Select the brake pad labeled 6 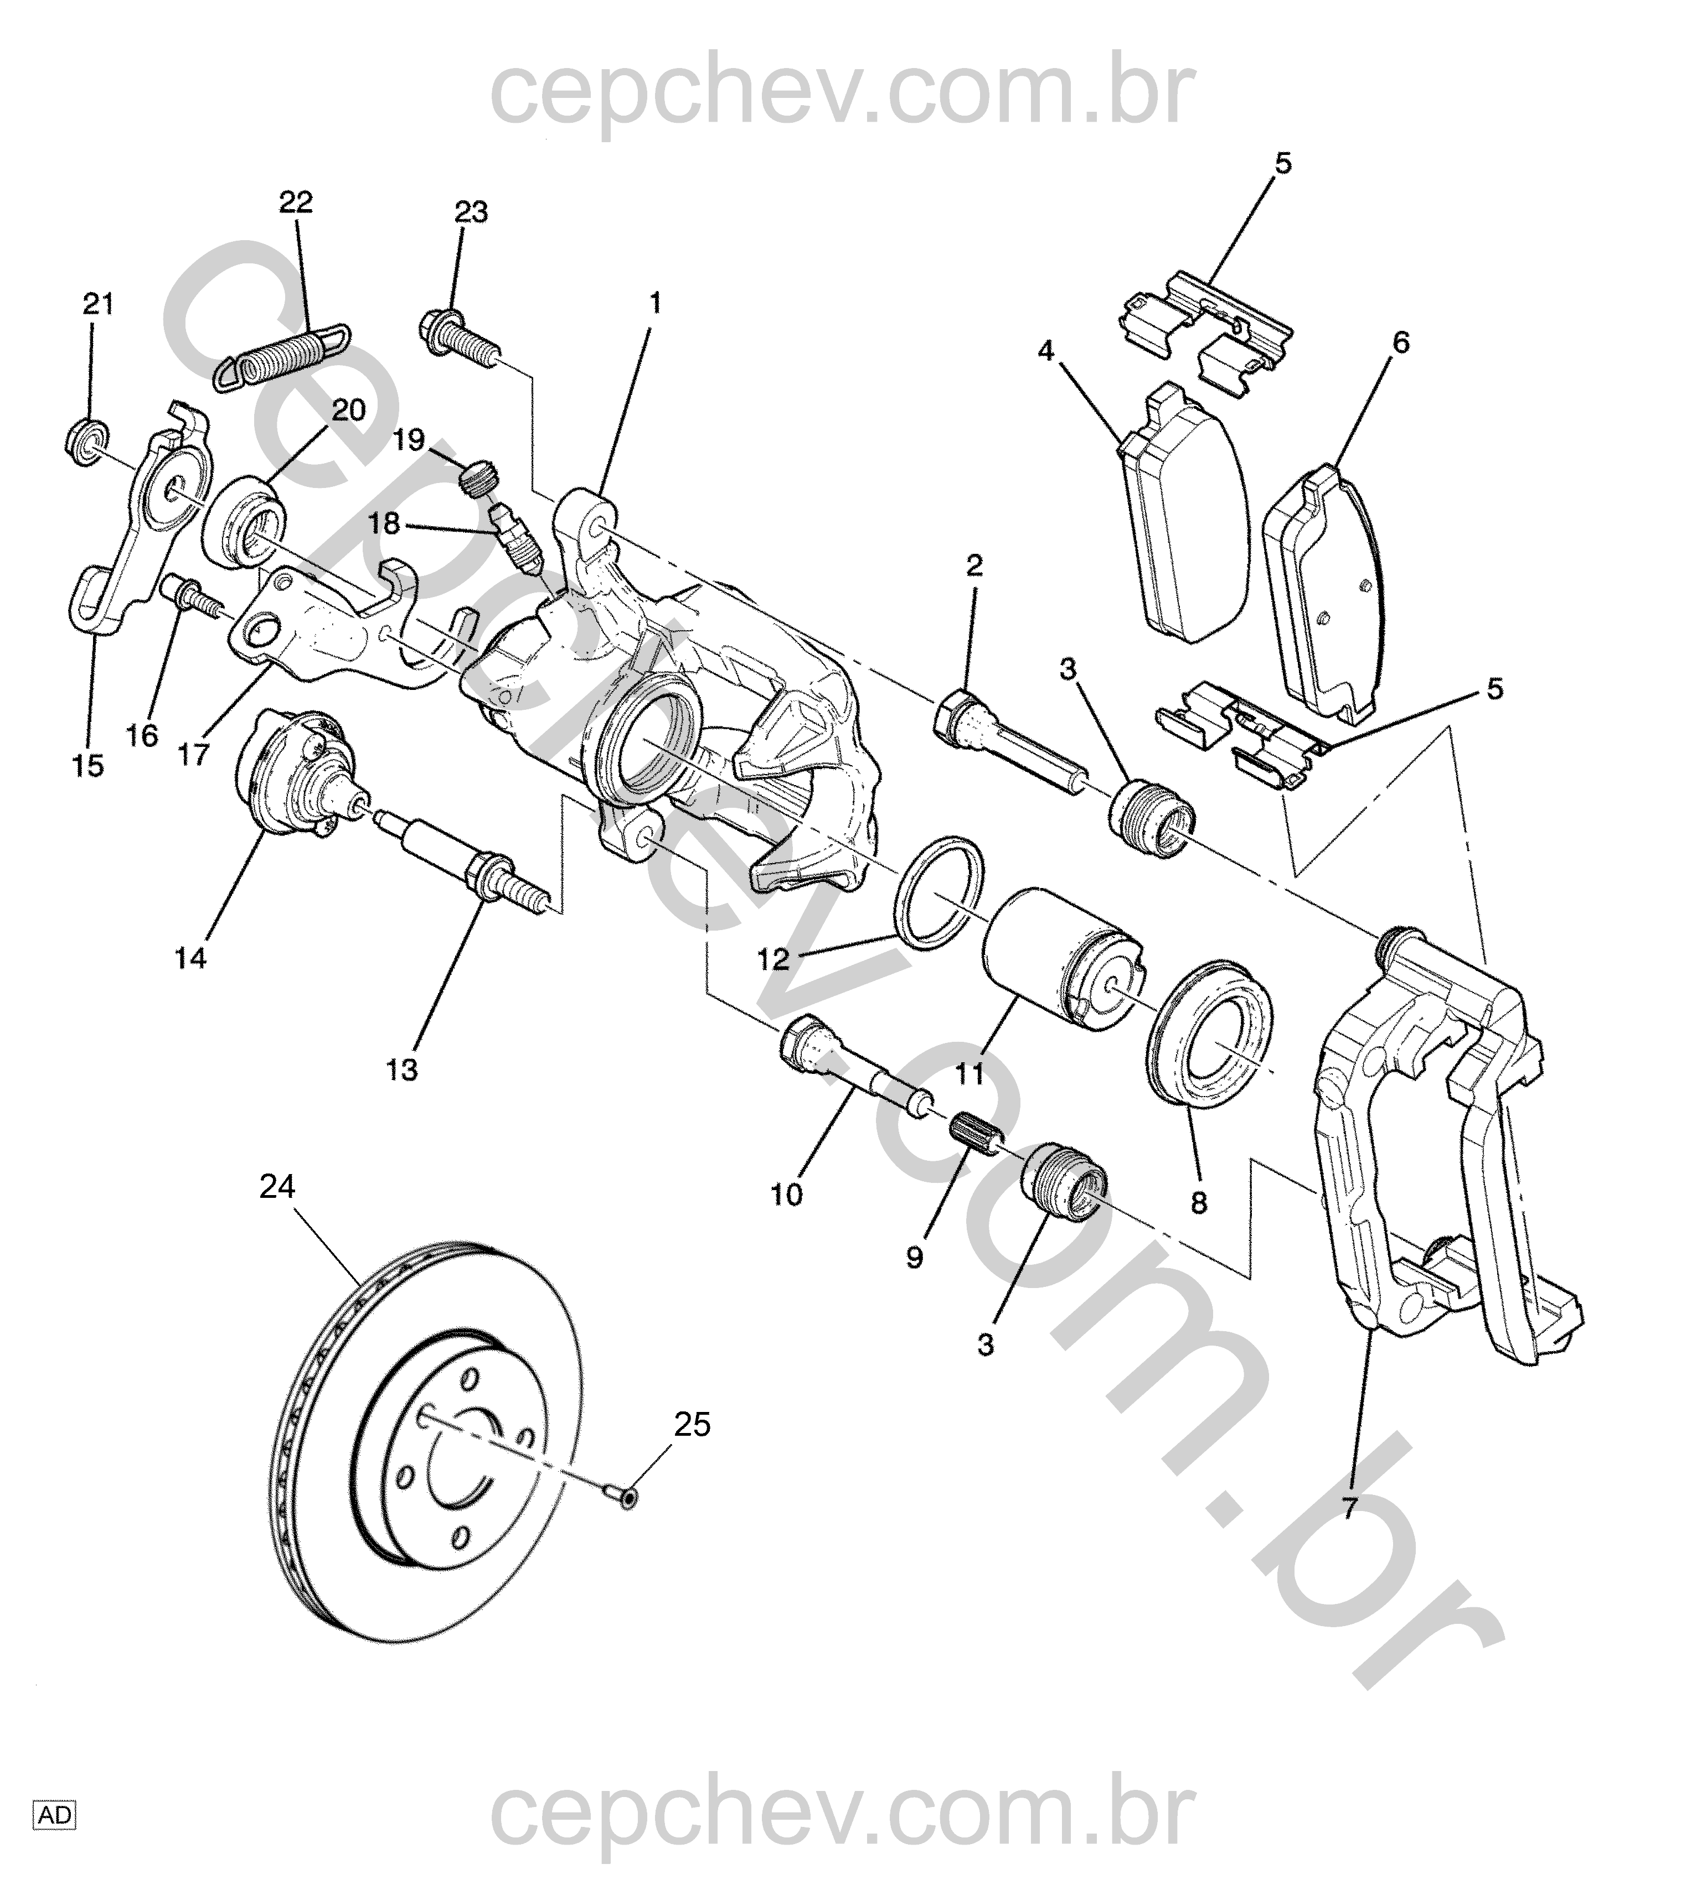(x=1325, y=592)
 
